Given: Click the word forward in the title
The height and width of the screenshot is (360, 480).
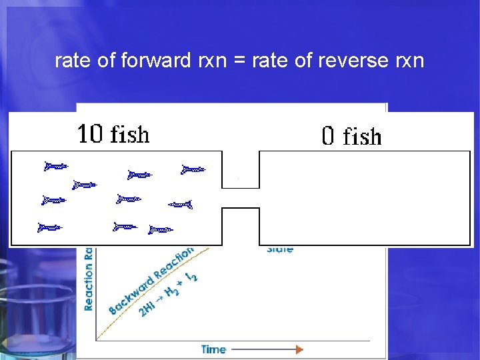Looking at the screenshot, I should click(157, 61).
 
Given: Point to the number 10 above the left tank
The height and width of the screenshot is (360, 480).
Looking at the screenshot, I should click(90, 135).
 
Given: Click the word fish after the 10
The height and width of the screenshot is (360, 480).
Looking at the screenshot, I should click(129, 135).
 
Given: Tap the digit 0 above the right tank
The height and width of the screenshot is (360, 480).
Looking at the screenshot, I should click(328, 137).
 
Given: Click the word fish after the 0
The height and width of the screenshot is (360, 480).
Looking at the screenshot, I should click(362, 137).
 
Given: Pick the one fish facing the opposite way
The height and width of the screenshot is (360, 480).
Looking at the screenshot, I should click(180, 204).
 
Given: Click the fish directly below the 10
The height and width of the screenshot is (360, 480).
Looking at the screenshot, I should click(85, 184).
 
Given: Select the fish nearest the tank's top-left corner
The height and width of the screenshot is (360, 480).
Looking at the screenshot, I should click(56, 166).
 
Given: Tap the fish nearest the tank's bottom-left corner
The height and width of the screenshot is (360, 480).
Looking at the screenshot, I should click(50, 227).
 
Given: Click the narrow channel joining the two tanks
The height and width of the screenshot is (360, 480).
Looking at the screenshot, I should click(240, 198).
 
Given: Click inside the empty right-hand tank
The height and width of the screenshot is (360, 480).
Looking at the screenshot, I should click(364, 197).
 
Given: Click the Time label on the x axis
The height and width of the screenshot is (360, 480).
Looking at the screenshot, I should click(213, 349).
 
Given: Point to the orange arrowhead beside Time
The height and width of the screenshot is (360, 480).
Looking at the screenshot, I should click(299, 349).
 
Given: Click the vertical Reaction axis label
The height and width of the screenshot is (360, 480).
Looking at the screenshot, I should click(89, 280).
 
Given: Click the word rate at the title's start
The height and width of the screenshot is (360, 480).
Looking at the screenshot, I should click(71, 61).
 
